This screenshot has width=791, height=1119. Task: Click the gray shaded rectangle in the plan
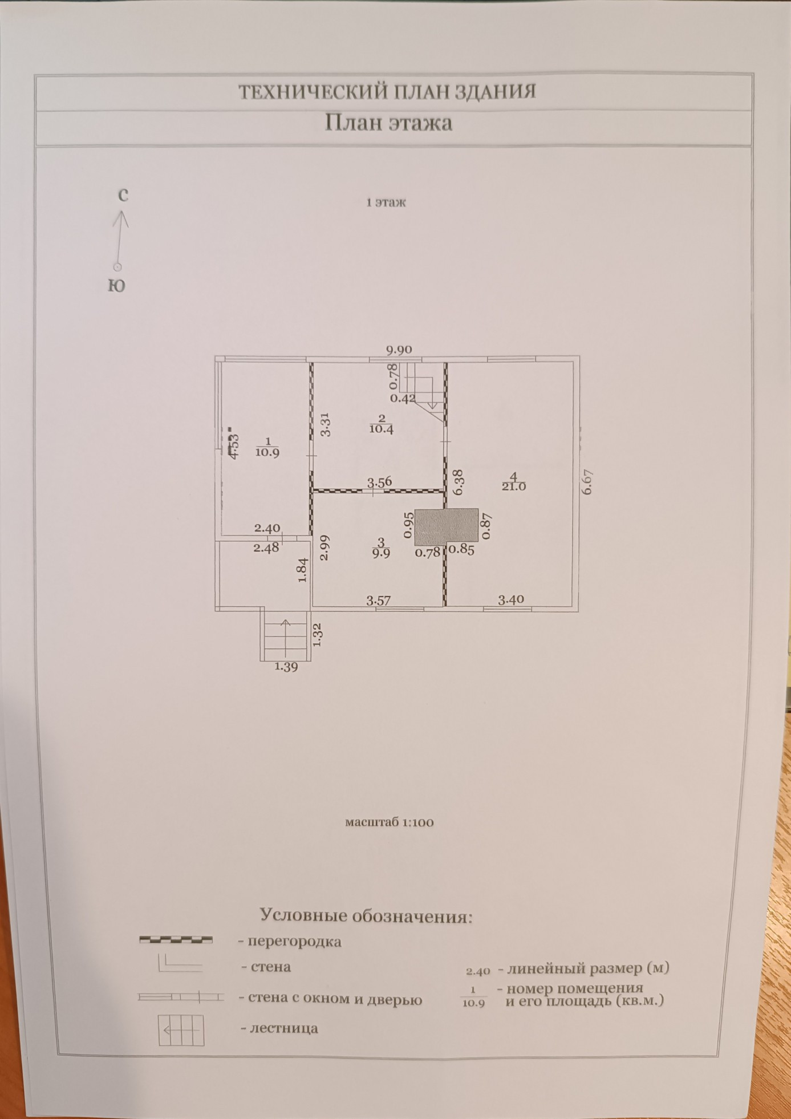click(x=446, y=526)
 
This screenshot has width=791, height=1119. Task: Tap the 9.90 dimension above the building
click(x=399, y=350)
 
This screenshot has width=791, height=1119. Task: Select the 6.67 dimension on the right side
click(x=589, y=481)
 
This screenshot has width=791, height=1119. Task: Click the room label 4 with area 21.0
click(x=513, y=481)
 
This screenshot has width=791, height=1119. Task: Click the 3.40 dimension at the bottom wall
click(x=510, y=599)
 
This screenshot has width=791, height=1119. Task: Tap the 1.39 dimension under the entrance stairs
click(x=286, y=666)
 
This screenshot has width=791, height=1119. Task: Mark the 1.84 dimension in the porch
click(x=303, y=570)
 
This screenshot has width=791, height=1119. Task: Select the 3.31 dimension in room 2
click(x=325, y=424)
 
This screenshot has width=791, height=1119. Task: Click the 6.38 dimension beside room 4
click(x=457, y=482)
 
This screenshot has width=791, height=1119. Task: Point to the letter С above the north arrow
click(x=123, y=196)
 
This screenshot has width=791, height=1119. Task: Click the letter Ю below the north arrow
click(x=117, y=286)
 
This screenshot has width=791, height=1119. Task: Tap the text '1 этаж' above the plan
click(x=386, y=202)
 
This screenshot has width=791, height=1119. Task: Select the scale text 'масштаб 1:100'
click(x=390, y=822)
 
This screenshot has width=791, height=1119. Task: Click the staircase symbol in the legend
click(x=181, y=1030)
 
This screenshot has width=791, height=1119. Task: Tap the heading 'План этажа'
click(x=388, y=123)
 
